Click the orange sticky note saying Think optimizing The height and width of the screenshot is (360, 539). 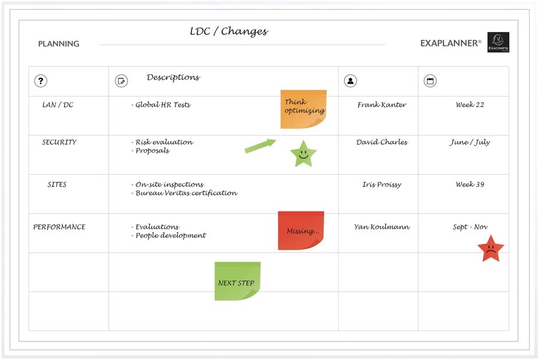pyautogui.click(x=303, y=109)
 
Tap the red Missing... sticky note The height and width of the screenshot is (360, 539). pyautogui.click(x=301, y=231)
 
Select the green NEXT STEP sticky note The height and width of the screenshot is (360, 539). pyautogui.click(x=237, y=281)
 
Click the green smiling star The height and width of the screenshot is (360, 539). pyautogui.click(x=303, y=154)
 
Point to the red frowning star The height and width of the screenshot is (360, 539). pyautogui.click(x=490, y=249)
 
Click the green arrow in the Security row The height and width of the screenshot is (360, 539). pyautogui.click(x=261, y=146)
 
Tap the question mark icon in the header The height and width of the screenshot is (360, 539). pyautogui.click(x=41, y=81)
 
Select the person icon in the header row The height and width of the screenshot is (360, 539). pyautogui.click(x=350, y=81)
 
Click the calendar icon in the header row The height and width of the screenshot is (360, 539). pyautogui.click(x=430, y=81)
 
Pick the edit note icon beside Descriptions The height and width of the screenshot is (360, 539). pyautogui.click(x=121, y=81)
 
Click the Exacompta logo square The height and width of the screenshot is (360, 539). pyautogui.click(x=498, y=42)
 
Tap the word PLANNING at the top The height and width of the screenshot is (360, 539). pyautogui.click(x=59, y=44)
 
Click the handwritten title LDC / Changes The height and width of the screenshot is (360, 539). pyautogui.click(x=229, y=31)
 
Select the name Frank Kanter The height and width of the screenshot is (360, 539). pyautogui.click(x=382, y=105)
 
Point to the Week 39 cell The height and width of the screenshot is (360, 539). pyautogui.click(x=470, y=184)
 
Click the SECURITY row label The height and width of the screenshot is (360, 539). pyautogui.click(x=59, y=142)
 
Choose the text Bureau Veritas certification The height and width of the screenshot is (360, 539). pyautogui.click(x=186, y=193)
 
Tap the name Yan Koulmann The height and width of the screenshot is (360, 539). pyautogui.click(x=382, y=227)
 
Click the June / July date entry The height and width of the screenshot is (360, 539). pyautogui.click(x=470, y=142)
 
